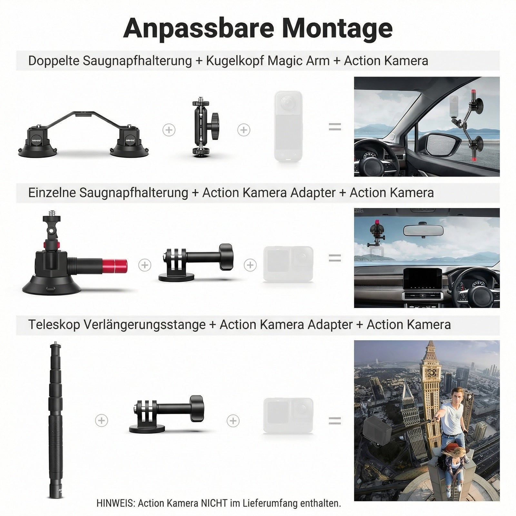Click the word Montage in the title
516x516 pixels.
pos(337,29)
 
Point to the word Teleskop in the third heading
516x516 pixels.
pos(54,325)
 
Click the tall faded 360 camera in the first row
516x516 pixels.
pos(288,126)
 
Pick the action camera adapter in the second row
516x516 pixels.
pos(196,263)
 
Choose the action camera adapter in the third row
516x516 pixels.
pos(166,414)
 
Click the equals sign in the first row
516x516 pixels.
pos(335,127)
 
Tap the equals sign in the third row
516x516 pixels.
pos(335,421)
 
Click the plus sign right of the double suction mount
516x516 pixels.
pos(169,130)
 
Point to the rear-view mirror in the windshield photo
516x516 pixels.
pos(423,230)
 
